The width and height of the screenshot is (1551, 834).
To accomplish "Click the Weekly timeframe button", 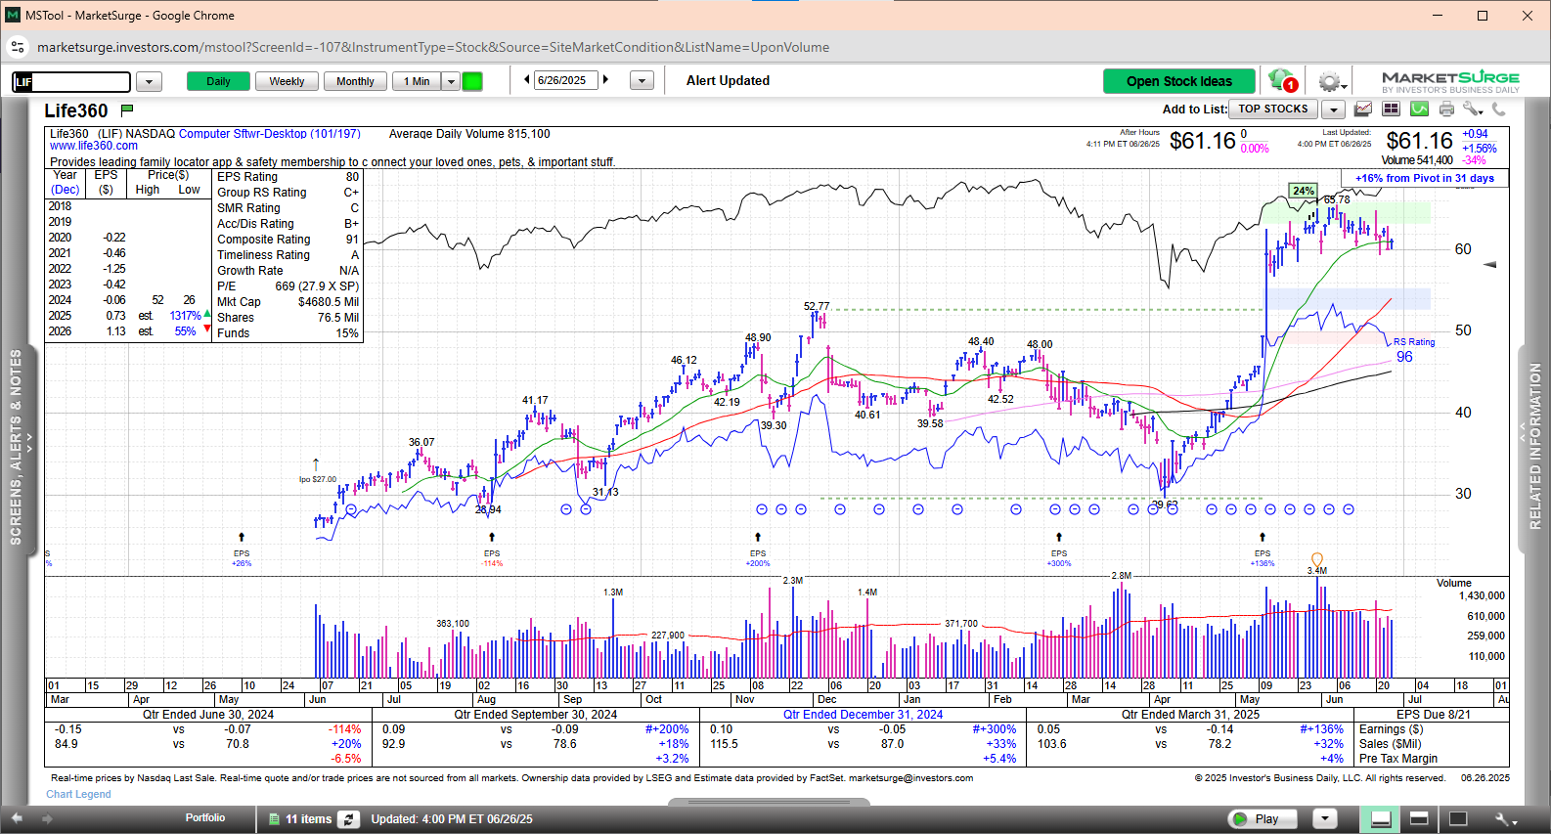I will point(287,81).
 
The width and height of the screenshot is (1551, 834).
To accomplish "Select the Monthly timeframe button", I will point(355,81).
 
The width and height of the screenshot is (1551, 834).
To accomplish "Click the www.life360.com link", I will point(94,146).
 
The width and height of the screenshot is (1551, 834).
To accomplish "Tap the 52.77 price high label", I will point(817,306).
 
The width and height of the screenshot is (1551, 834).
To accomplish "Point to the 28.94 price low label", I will point(488,509).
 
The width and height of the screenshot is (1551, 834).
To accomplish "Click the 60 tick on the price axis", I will point(1463,249).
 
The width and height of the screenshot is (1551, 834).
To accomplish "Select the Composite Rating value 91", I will point(352,240).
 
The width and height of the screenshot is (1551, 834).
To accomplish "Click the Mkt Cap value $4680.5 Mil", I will point(329,302).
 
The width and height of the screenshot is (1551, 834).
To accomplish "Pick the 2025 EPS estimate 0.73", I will point(115,316).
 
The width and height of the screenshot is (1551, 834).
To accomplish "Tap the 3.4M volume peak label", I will point(1317,570).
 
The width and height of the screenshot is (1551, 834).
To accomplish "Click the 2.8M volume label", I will point(1122,576).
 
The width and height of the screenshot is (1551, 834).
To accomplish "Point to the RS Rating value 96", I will point(1404,357).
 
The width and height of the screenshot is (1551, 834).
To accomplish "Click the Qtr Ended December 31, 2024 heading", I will point(863,715).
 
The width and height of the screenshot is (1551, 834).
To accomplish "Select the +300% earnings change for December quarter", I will point(994,729).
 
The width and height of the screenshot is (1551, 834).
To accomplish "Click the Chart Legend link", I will point(78,794).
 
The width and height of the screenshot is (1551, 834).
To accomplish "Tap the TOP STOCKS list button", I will point(1273,110).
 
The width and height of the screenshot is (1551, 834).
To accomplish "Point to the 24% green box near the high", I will point(1303,191).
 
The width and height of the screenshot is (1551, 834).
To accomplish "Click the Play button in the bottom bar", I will point(1265,819).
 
